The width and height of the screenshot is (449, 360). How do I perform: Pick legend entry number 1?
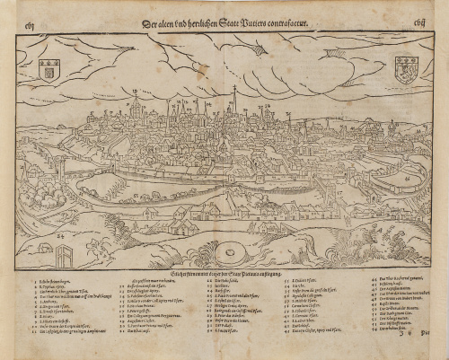coord(54,282)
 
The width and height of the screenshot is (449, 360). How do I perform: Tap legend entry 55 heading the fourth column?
coord(296,282)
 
